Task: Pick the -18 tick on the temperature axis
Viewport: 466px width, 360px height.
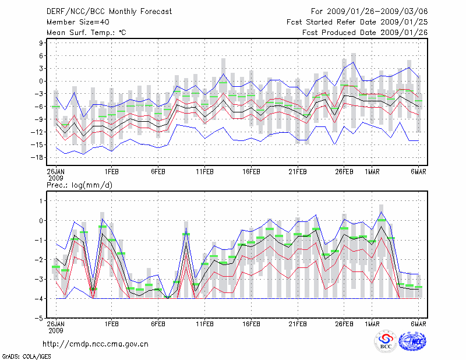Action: pyautogui.click(x=40, y=157)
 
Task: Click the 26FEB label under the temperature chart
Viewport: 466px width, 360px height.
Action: pyautogui.click(x=344, y=172)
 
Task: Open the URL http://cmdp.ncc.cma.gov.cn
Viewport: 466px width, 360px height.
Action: pyautogui.click(x=96, y=344)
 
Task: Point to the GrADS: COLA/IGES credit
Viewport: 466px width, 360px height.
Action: pyautogui.click(x=21, y=355)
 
